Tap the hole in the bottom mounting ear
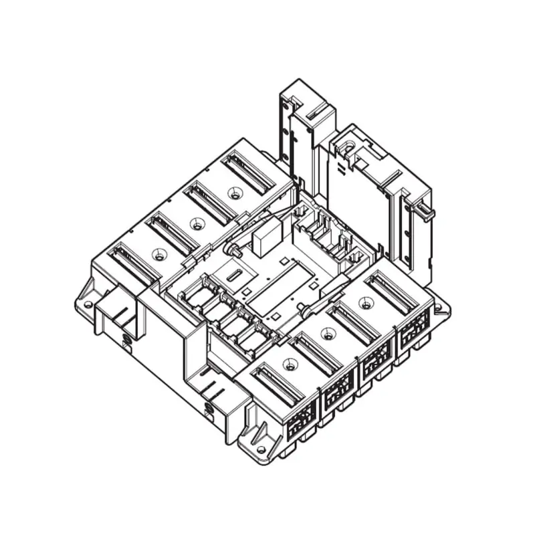pos(260,449)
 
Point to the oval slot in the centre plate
pos(233,275)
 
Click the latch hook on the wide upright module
pos(426,212)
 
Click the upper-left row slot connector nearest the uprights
pos(248,171)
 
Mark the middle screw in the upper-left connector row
pos(196,224)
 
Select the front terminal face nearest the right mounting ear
pos(415,327)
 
